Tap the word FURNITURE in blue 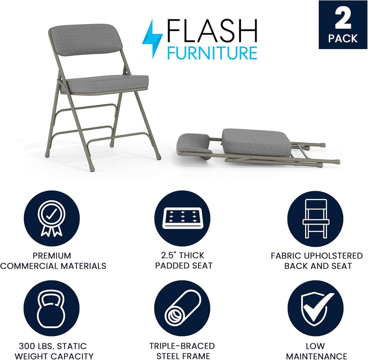tap(211, 52)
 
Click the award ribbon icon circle tap(52, 219)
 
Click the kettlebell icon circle tap(52, 309)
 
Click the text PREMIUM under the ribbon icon tap(52, 256)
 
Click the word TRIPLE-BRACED tap(184, 346)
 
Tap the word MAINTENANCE tap(317, 356)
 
